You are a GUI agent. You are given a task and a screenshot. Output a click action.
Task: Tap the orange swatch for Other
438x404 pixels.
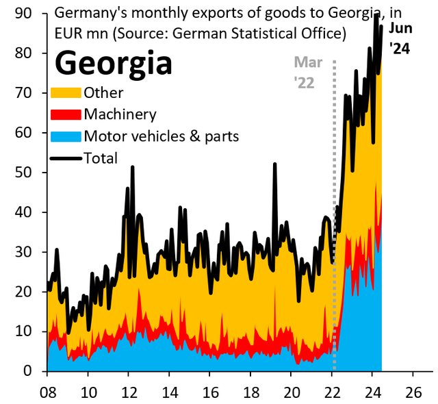pos(66,92)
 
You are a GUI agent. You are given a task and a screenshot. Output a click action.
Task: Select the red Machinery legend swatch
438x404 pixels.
pos(66,114)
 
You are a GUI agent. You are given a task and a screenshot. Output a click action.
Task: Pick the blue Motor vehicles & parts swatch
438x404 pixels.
pos(66,136)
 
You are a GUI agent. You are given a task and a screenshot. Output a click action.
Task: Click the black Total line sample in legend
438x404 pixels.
pos(66,158)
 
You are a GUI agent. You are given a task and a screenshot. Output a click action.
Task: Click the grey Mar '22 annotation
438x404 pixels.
pos(307,72)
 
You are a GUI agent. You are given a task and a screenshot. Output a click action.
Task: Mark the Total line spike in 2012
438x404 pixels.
pos(132,167)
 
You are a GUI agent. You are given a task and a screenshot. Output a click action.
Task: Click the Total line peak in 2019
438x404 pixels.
pos(274,164)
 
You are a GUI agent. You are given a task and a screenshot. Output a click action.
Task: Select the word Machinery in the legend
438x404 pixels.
pos(120,114)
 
